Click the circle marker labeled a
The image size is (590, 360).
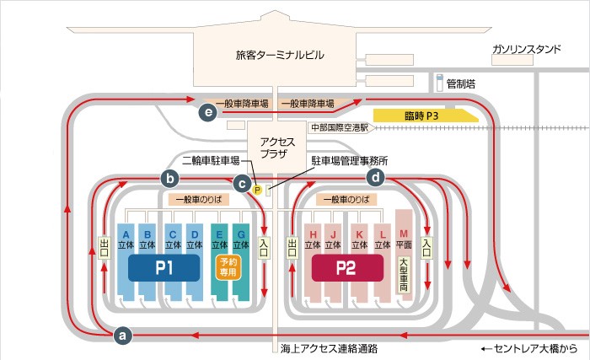123,335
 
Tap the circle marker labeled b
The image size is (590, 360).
170,178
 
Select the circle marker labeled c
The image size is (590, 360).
243,184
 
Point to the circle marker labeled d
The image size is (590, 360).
376,177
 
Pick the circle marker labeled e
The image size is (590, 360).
208,112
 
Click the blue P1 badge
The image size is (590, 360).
164,268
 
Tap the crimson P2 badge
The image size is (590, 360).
347,268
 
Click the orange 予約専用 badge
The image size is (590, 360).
228,267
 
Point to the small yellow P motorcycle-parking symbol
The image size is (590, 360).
257,190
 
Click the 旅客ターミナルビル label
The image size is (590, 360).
280,56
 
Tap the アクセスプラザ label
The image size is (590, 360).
277,148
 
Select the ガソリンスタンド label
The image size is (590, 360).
527,49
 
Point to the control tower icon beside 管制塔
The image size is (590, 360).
439,83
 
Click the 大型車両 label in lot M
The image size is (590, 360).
404,276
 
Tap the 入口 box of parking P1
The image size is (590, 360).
264,248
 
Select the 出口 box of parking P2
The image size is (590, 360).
292,248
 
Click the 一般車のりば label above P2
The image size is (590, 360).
346,199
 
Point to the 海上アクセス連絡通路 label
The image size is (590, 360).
329,349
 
